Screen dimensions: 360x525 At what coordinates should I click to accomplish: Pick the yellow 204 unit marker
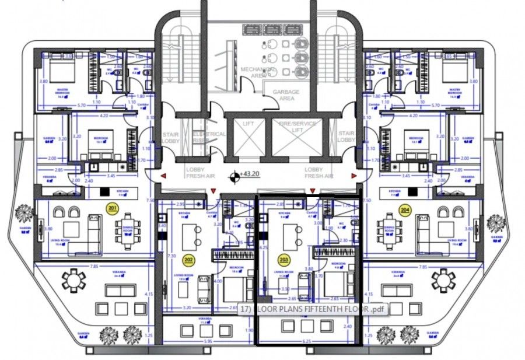click(x=404, y=208)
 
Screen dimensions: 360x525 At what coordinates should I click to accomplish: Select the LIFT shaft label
click(x=248, y=125)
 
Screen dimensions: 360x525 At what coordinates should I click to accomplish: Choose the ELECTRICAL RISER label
click(x=209, y=137)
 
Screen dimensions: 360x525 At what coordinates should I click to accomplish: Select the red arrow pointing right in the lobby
click(x=353, y=175)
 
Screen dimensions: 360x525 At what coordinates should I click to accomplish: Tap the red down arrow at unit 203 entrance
click(x=313, y=191)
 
